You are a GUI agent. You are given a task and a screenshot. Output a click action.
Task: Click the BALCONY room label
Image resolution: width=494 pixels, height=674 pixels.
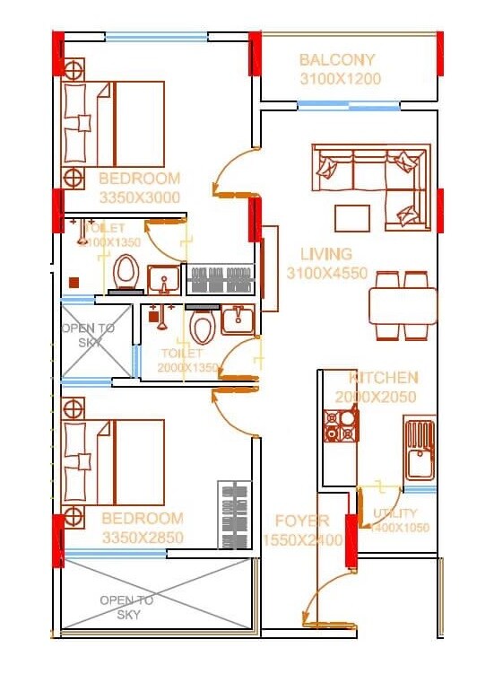337,60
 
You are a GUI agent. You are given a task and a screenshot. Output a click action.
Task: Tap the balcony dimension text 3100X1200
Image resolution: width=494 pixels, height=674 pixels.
340,79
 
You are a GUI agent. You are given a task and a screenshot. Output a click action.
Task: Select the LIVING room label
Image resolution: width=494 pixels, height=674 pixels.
325,254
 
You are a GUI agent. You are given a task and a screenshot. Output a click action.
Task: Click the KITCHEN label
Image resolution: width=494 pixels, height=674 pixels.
383,378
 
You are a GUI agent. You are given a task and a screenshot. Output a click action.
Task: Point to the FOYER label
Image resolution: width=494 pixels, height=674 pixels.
302,521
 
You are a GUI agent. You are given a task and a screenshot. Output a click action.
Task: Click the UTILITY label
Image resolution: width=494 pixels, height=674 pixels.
395,513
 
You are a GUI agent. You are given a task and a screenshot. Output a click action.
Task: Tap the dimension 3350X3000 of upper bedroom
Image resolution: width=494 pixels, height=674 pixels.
139,197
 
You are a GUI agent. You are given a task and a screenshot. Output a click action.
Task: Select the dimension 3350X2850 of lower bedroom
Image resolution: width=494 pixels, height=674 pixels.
142,538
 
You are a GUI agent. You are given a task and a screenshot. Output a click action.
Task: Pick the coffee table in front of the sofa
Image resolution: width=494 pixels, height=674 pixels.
351,218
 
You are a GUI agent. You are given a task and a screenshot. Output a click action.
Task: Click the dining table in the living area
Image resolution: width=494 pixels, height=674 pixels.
403,305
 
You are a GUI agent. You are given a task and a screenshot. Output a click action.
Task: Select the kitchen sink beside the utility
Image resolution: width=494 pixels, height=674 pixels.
419,453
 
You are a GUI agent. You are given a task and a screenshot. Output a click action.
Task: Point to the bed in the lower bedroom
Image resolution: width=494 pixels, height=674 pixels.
115,461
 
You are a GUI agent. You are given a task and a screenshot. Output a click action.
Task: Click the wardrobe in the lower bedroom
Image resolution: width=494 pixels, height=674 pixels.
233,515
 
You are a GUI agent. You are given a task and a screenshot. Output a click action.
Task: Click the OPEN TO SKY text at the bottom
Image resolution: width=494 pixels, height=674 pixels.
126,608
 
